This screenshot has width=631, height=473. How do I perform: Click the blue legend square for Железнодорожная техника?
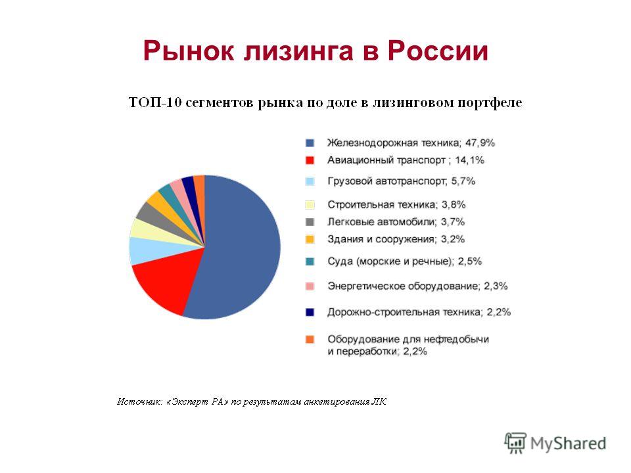[x=310, y=143]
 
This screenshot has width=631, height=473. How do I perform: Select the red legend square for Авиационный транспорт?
[x=310, y=160]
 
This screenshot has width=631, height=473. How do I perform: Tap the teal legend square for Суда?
[x=310, y=261]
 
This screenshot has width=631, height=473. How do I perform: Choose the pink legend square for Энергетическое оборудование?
[x=310, y=286]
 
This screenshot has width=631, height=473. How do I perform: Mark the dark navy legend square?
[x=310, y=312]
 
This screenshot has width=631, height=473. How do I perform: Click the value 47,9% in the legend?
[x=480, y=143]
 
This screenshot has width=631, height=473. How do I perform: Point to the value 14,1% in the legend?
[x=469, y=160]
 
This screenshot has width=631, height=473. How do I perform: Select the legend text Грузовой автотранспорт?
[x=387, y=181]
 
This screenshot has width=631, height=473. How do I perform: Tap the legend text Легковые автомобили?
[x=381, y=222]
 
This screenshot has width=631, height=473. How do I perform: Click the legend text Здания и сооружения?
[x=381, y=239]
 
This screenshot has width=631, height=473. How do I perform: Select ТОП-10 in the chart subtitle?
[x=155, y=102]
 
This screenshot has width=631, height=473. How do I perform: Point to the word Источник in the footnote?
[x=139, y=401]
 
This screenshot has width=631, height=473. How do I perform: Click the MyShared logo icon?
[x=515, y=443]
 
